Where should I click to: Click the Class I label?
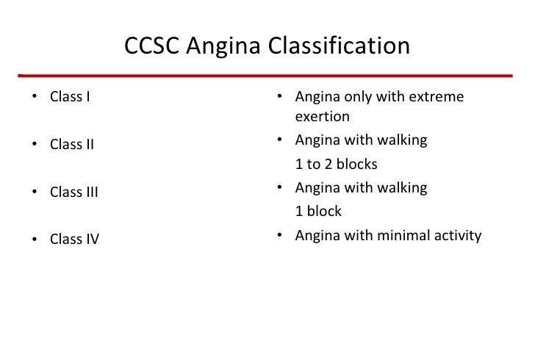coord(70,96)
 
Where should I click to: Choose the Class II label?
coord(72,144)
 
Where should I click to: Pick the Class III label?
coord(73,192)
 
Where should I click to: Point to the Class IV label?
coord(74,240)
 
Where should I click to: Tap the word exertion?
coord(322,116)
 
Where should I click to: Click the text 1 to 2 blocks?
coord(336,164)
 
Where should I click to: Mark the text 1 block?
coord(318,211)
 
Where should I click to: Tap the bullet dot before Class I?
coord(35,97)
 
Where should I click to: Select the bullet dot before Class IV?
coord(35,240)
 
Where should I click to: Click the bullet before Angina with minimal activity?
coord(280,236)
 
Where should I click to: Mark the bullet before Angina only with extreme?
coord(280,97)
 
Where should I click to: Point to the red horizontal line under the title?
coord(265,75)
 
